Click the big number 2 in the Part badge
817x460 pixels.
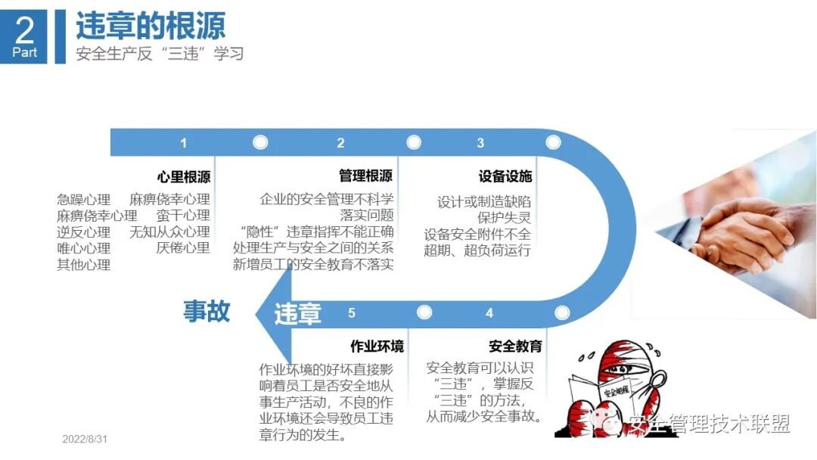click(x=25, y=30)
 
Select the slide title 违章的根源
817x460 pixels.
click(x=151, y=26)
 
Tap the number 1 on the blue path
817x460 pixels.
click(x=183, y=143)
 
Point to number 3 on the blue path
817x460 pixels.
click(x=480, y=143)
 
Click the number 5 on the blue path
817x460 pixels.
click(x=352, y=312)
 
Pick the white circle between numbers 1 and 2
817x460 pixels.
click(x=260, y=142)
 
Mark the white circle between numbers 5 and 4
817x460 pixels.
click(x=424, y=312)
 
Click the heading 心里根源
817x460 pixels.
click(x=184, y=177)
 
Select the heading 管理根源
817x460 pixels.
click(x=366, y=176)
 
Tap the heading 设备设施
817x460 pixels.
click(x=505, y=177)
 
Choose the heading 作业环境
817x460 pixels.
click(x=377, y=347)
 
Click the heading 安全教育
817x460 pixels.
click(x=515, y=347)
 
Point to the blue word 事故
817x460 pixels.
click(x=207, y=311)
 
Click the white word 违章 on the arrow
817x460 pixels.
click(x=297, y=313)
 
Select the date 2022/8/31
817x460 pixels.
click(x=85, y=440)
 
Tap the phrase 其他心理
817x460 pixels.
click(x=84, y=265)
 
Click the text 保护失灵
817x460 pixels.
click(x=504, y=218)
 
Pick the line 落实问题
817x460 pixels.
click(x=367, y=216)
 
